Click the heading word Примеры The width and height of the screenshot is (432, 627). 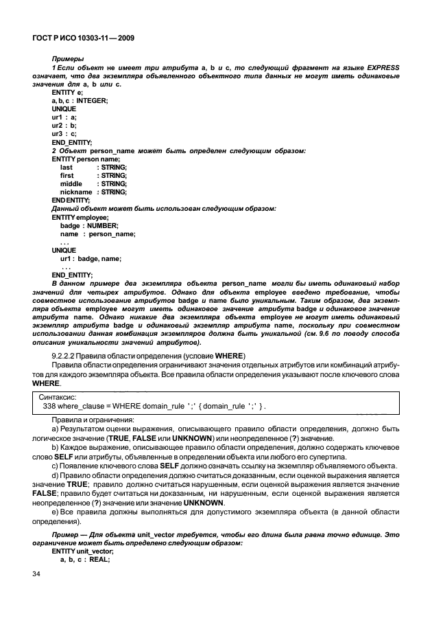coord(68,60)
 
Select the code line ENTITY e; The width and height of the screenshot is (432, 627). coord(68,93)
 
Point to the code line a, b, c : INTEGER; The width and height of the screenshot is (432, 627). coord(80,101)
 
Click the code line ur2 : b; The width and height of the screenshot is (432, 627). coord(64,126)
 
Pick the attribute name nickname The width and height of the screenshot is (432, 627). coord(76,192)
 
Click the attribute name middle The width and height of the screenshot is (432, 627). coord(71,183)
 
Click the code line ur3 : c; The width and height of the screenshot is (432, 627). coord(64,134)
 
